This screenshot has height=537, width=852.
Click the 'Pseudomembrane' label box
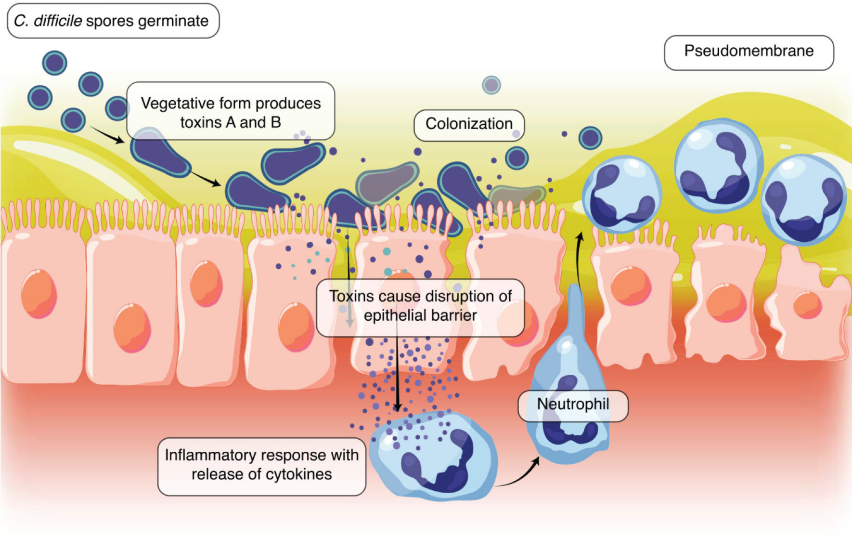pos(749,52)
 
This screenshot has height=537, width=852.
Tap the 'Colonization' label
pos(469,124)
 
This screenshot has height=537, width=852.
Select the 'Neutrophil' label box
pos(573,405)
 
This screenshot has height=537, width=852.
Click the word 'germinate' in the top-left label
pos(173,21)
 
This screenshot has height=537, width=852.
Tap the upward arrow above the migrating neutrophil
pos(579,260)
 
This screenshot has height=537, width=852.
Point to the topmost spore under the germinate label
pos(54,63)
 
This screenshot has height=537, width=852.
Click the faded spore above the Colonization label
pos(491,85)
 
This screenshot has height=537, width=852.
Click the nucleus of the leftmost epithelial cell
pos(39,294)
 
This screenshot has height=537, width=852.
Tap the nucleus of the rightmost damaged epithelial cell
pos(807,305)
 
